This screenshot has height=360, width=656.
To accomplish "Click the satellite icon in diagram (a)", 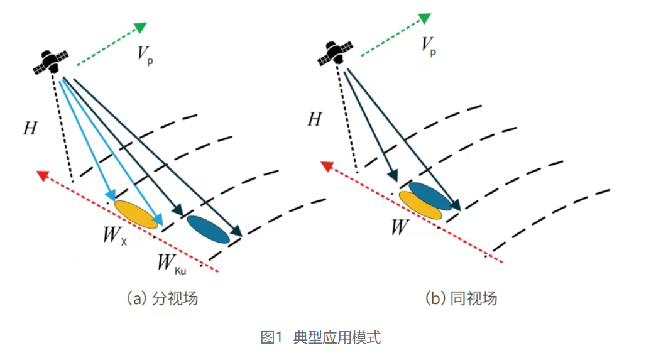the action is point(51,62).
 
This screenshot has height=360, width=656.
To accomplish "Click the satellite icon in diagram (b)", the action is point(335,53).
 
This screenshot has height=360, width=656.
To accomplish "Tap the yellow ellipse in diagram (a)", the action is point(136,214).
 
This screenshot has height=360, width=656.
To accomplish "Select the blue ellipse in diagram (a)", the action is point(209,229).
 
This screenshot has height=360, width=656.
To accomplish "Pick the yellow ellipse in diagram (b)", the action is point(420,205).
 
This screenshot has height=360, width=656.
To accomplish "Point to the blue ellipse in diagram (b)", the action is point(430,196).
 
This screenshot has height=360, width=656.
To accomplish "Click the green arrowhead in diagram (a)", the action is point(140,28).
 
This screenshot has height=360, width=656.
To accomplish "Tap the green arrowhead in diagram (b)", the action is point(425,18).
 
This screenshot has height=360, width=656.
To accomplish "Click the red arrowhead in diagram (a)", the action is point(43,175).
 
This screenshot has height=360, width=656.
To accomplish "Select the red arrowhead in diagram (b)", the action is point(327,166).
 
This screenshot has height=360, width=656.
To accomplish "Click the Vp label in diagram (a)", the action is point(145,55).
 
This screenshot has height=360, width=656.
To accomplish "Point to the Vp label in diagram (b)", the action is point(429,46).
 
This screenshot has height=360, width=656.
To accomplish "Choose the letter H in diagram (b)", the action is point(315,119).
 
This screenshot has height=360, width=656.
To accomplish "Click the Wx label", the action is point(115,236).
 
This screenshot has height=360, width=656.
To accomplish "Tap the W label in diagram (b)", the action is point(400,227).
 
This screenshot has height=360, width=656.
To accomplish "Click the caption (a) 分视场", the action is point(162,298).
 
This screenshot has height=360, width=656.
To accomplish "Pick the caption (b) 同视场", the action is point(461,298).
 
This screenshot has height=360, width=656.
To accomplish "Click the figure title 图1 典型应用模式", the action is point(320,337).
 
